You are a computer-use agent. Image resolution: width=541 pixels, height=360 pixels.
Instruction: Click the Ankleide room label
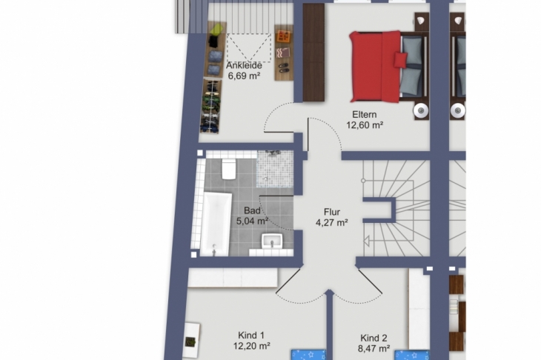(244, 65)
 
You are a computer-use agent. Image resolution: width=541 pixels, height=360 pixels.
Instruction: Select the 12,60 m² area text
(365, 125)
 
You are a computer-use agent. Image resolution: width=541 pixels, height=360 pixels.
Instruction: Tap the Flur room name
(332, 212)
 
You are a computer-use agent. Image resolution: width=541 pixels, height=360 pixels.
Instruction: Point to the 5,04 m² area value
(252, 221)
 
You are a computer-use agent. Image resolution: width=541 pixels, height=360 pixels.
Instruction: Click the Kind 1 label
(251, 335)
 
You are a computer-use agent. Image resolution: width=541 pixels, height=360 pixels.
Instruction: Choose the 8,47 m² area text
(374, 349)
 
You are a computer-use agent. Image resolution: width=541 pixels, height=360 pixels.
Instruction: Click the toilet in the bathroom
(229, 169)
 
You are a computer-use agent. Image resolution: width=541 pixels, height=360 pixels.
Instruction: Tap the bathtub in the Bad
(216, 224)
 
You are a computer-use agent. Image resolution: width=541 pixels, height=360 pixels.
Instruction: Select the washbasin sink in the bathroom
(272, 241)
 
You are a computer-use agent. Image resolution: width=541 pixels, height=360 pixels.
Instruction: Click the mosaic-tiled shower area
(275, 169)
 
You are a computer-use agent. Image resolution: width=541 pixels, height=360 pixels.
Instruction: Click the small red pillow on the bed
(401, 60)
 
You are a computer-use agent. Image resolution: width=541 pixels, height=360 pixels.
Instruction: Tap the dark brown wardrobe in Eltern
(313, 53)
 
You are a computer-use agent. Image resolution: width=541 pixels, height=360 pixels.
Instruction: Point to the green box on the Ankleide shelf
(217, 30)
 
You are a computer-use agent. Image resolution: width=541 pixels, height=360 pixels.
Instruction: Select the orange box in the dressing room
(284, 36)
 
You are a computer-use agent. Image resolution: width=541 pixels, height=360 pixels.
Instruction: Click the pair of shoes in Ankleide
(284, 67)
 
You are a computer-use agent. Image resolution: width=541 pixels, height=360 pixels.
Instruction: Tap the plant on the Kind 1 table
(190, 342)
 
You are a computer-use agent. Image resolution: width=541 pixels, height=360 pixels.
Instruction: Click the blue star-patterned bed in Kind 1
(309, 355)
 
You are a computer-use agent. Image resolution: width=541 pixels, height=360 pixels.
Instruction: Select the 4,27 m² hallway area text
(331, 223)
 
